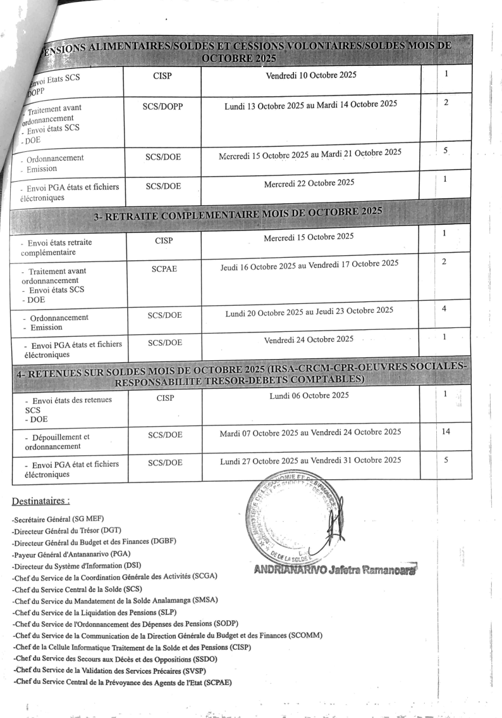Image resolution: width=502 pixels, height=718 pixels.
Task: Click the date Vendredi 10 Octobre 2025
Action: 310,75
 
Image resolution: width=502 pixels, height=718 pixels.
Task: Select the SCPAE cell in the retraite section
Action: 164,268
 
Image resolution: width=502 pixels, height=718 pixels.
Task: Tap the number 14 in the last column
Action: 445,431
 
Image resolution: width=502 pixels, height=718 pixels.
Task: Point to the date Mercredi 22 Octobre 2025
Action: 309,183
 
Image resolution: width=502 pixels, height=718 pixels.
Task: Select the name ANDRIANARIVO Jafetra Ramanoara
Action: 334,569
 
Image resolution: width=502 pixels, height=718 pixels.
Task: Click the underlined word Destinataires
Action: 40,501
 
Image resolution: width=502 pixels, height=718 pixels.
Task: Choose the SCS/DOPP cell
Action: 163,106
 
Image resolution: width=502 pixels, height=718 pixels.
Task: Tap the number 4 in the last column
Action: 444,308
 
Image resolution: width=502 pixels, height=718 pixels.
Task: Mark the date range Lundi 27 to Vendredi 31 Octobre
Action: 310,460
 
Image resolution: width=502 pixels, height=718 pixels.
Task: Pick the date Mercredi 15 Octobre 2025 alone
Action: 309,237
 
